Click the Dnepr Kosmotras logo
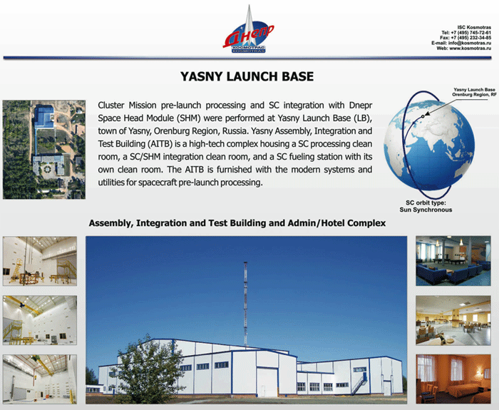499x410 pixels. click(x=248, y=30)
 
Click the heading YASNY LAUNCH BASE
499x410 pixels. click(x=247, y=77)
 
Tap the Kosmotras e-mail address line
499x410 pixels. click(x=461, y=43)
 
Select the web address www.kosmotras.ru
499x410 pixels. click(x=470, y=48)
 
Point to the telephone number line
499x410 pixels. click(x=466, y=33)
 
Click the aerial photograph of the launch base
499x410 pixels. click(x=44, y=150)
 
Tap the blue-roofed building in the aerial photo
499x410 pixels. click(x=44, y=116)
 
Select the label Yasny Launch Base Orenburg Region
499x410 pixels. click(x=474, y=92)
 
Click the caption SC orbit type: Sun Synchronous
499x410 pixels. click(x=426, y=206)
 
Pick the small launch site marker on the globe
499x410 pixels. click(x=423, y=116)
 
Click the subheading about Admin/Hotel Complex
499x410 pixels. click(x=237, y=223)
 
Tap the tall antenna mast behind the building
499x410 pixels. click(x=245, y=303)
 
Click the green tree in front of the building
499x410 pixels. click(x=148, y=371)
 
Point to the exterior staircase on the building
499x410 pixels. click(x=359, y=384)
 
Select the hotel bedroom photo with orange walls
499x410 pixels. click(x=453, y=379)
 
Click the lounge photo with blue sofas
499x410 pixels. click(x=453, y=261)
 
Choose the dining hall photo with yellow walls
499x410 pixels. click(x=453, y=320)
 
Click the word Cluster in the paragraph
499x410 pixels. click(x=110, y=105)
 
